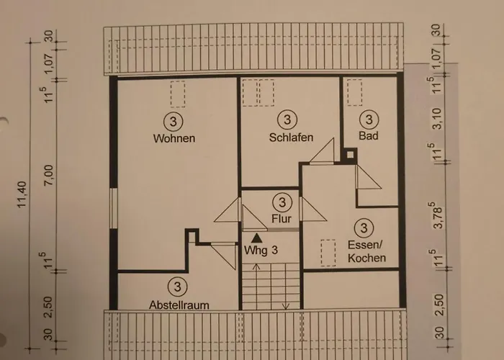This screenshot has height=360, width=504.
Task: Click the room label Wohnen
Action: tap(174, 138)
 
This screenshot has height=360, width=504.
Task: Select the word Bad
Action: tap(368, 135)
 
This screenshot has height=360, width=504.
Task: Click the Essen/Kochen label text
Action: tap(366, 251)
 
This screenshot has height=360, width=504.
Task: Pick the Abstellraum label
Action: tap(179, 305)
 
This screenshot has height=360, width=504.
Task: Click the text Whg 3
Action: tap(261, 251)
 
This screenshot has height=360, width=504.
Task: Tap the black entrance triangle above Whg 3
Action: tap(257, 236)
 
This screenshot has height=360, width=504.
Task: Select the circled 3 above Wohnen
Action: tap(174, 120)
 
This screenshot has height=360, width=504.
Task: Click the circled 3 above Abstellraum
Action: tap(179, 286)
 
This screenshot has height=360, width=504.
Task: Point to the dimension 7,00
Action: tap(48, 174)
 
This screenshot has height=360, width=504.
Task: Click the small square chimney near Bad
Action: tap(350, 154)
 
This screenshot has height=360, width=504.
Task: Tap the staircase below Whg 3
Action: tap(269, 287)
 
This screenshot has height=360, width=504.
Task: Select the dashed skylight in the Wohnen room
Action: tap(178, 94)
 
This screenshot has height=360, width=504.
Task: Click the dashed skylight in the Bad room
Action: tap(354, 91)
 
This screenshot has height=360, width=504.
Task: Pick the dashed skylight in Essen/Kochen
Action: tap(329, 249)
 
